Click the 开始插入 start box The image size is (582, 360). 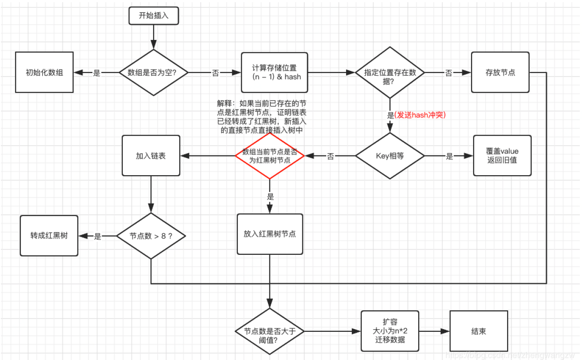click(154, 16)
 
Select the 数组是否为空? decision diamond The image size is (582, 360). click(154, 73)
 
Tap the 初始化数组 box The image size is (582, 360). click(44, 73)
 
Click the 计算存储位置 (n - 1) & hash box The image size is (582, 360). click(274, 73)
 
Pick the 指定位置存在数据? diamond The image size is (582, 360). click(390, 73)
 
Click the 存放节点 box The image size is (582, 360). click(500, 73)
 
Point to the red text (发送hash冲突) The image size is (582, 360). click(420, 115)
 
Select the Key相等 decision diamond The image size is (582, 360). click(390, 156)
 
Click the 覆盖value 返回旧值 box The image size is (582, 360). click(502, 156)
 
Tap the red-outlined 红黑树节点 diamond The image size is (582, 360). click(270, 156)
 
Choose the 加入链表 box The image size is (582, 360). click(151, 156)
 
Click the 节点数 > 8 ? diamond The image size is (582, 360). click(151, 236)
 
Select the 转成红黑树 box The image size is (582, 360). click(49, 235)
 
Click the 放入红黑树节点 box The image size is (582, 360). click(270, 234)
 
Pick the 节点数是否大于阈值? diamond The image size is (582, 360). click(269, 331)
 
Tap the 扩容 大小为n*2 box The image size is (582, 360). click(390, 331)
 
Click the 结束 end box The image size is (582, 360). click(479, 331)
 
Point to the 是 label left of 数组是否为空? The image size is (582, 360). click(97, 73)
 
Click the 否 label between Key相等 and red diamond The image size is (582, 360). click(330, 157)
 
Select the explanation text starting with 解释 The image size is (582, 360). click(262, 117)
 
